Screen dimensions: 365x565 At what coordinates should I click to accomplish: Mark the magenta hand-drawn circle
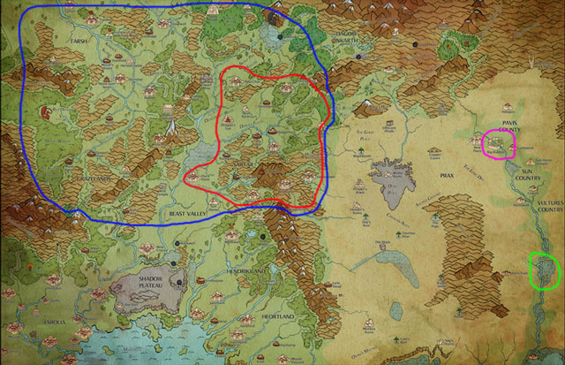[498, 145]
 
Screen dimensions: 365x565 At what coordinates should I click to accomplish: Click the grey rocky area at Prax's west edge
[394, 177]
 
